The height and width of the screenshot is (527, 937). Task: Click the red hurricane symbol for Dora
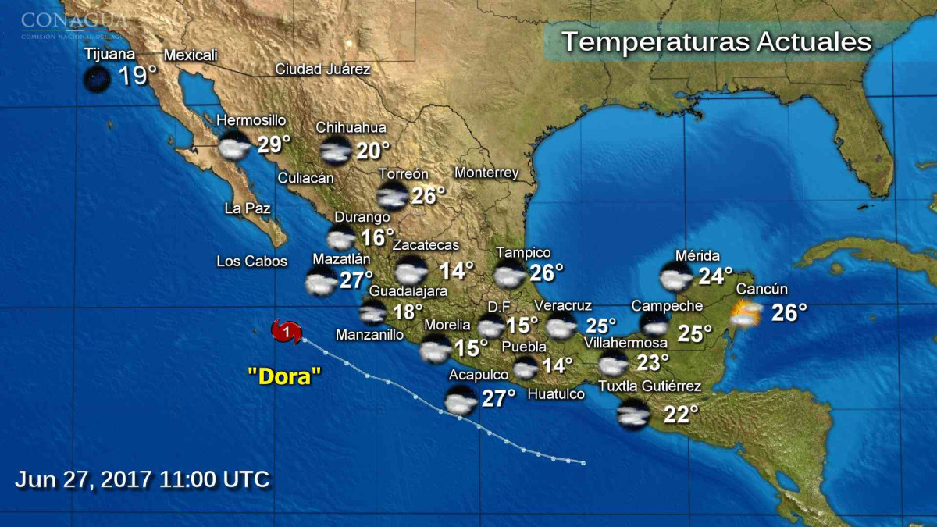(287, 332)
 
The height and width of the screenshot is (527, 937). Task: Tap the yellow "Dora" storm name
(284, 376)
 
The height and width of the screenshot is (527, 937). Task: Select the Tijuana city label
(109, 55)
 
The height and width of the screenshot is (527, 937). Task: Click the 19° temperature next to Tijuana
(137, 77)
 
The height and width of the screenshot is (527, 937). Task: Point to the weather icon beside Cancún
(746, 313)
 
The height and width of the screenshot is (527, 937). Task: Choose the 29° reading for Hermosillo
(274, 144)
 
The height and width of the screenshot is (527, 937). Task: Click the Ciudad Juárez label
(322, 69)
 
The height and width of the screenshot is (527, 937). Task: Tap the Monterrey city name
(486, 173)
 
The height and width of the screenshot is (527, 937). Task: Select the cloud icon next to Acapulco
(461, 400)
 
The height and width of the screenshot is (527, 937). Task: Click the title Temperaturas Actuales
(716, 41)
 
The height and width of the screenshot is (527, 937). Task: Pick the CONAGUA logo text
(74, 20)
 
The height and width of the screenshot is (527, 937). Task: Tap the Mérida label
(697, 255)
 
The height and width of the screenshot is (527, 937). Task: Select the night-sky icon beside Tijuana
(97, 79)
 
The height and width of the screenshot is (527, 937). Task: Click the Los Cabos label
(252, 262)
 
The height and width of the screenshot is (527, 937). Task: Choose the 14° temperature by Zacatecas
(457, 271)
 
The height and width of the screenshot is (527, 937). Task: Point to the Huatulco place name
(556, 394)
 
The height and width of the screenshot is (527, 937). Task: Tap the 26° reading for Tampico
(547, 272)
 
